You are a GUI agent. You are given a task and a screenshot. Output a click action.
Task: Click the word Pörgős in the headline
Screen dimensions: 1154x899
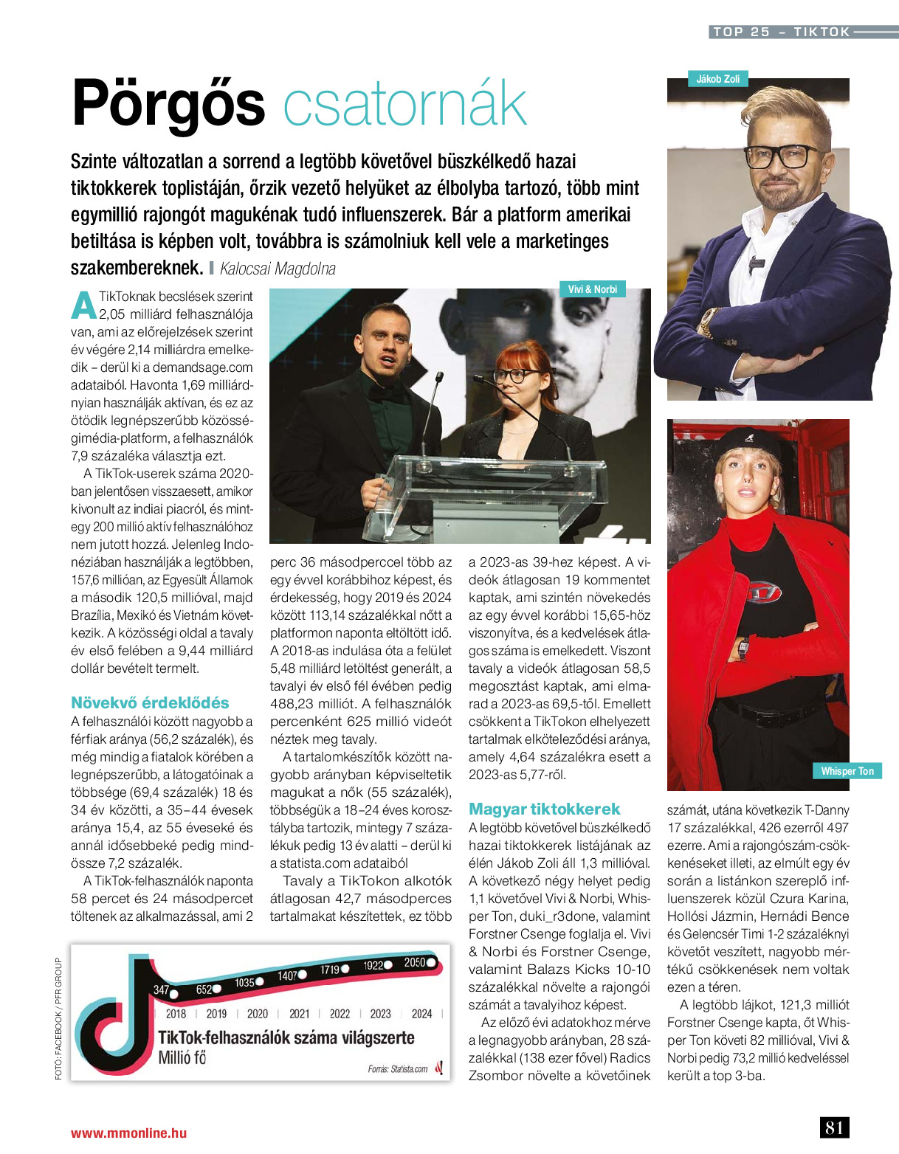coord(168,104)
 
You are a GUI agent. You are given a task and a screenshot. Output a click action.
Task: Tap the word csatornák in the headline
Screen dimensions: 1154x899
coord(405,106)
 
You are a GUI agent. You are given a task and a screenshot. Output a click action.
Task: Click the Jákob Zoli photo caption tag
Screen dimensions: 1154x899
coord(717,79)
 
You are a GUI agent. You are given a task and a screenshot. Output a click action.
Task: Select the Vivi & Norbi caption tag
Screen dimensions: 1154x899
coord(592,289)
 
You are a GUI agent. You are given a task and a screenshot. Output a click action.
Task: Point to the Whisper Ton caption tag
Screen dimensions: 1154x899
coord(847,771)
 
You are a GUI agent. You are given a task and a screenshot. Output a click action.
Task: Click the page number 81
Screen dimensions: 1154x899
coord(834,1127)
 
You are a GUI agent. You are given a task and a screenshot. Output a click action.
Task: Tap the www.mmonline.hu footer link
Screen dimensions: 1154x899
coord(128,1133)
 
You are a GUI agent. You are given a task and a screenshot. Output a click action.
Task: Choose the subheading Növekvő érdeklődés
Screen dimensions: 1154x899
coord(150,702)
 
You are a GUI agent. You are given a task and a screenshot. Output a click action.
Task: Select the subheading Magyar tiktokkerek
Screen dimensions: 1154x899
coord(544,809)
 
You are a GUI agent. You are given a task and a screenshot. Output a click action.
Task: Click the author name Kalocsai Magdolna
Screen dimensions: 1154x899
coord(278,269)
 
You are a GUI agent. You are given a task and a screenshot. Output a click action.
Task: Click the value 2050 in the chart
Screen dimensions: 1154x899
coord(414,962)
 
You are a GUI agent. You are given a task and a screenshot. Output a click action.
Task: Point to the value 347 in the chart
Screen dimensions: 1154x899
coord(161,989)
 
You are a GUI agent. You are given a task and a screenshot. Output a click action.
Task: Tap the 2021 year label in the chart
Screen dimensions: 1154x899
coord(299,1014)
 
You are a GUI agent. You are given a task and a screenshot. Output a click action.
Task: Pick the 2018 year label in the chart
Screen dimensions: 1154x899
coord(176,1014)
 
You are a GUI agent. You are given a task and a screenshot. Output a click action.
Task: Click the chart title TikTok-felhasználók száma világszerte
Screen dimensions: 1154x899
coord(286,1037)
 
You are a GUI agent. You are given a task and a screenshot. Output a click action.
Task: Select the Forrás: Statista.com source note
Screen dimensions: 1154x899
coord(397,1068)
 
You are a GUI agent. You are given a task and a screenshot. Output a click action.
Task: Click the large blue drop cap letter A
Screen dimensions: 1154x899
coord(84,305)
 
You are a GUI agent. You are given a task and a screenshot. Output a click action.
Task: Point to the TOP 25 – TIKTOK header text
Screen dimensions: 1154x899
coord(781,32)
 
